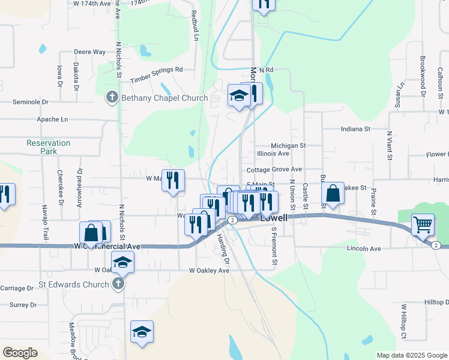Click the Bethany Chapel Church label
click(164, 98)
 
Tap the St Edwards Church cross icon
click(119, 283)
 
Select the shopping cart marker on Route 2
click(423, 226)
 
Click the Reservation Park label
click(48, 147)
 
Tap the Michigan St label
click(288, 145)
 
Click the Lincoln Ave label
click(364, 248)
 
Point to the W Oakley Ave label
click(209, 271)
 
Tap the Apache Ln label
click(52, 119)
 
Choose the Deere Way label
click(90, 52)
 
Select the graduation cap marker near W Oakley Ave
click(122, 262)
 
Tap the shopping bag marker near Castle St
click(333, 194)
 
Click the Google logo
click(20, 353)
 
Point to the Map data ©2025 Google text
click(412, 355)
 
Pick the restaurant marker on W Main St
click(173, 181)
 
